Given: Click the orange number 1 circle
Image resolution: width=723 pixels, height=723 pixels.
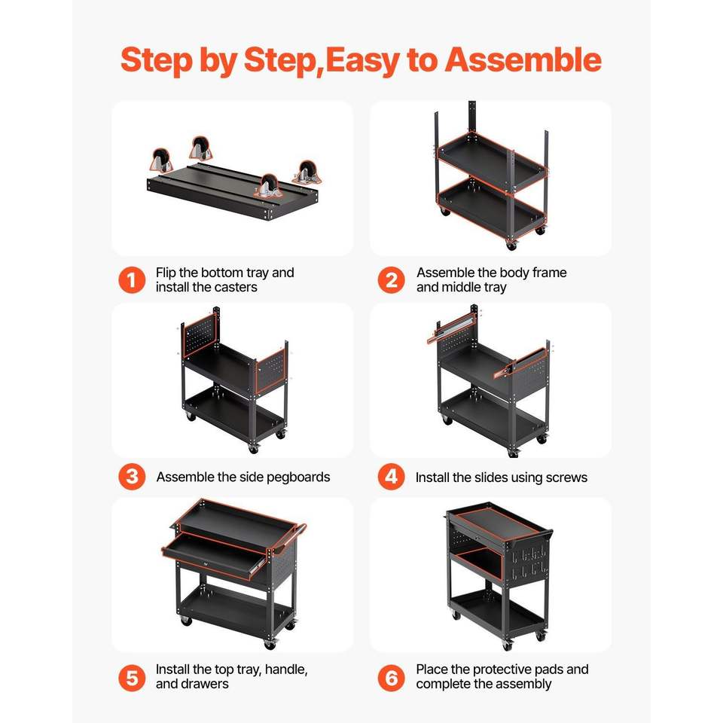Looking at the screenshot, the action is coord(132,280).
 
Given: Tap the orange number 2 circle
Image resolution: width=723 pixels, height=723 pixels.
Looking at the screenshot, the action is coord(391,280).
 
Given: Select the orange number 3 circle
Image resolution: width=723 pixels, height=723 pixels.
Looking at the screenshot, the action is coord(132,477).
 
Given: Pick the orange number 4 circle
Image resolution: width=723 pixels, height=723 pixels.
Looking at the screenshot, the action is coord(391,477).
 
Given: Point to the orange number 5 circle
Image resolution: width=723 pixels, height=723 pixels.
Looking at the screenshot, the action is coord(132,679).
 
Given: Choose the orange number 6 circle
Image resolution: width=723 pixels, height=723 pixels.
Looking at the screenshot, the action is coord(391,679).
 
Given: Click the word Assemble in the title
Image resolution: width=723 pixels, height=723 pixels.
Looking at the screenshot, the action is coord(523,60).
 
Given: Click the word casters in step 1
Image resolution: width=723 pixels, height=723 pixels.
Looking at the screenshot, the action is coord(235,287).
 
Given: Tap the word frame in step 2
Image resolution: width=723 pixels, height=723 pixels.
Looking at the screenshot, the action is coord(549,273).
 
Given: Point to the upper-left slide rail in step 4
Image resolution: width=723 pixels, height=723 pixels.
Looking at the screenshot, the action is coord(450,328).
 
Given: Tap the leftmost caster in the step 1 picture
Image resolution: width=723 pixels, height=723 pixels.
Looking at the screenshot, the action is coord(161,160).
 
